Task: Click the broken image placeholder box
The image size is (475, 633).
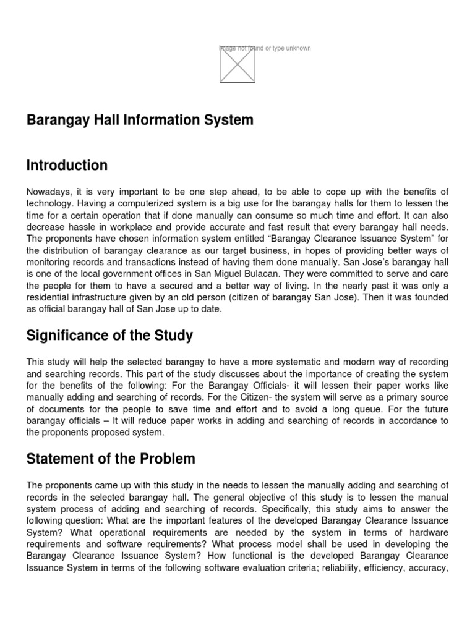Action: tap(237, 64)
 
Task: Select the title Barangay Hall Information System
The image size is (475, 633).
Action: tap(140, 120)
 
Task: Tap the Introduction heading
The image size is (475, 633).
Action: tap(67, 166)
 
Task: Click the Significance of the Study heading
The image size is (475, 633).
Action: tap(109, 336)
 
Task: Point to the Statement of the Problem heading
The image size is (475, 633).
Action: tap(111, 459)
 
